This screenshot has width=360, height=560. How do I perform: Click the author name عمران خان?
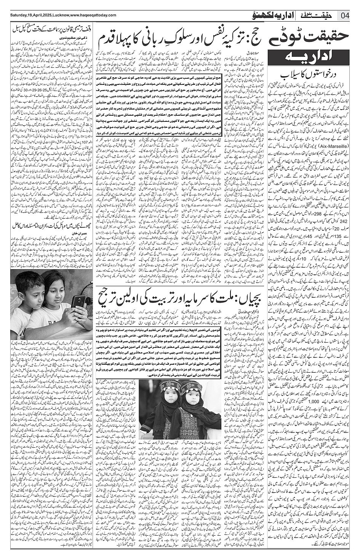pyautogui.click(x=58, y=231)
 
